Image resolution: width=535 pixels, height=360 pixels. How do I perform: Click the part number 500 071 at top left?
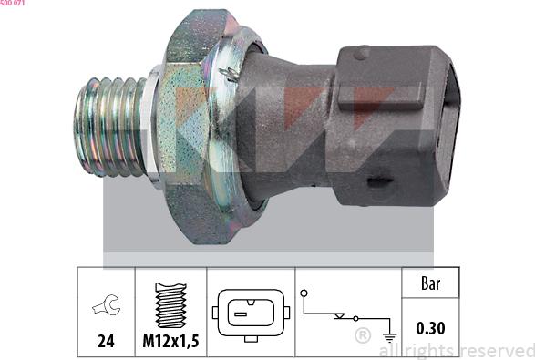point(12,3)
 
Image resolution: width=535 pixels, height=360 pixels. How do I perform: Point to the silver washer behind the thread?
point(152,127)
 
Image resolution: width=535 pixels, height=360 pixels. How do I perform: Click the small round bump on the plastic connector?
point(362,53)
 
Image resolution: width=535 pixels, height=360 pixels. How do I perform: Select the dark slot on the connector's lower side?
point(380,182)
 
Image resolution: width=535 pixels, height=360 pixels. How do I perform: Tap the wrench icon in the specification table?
point(107,304)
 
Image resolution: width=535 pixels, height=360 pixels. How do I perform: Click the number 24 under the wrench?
point(106,341)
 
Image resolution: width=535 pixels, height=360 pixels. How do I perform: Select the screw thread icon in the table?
point(171,305)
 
